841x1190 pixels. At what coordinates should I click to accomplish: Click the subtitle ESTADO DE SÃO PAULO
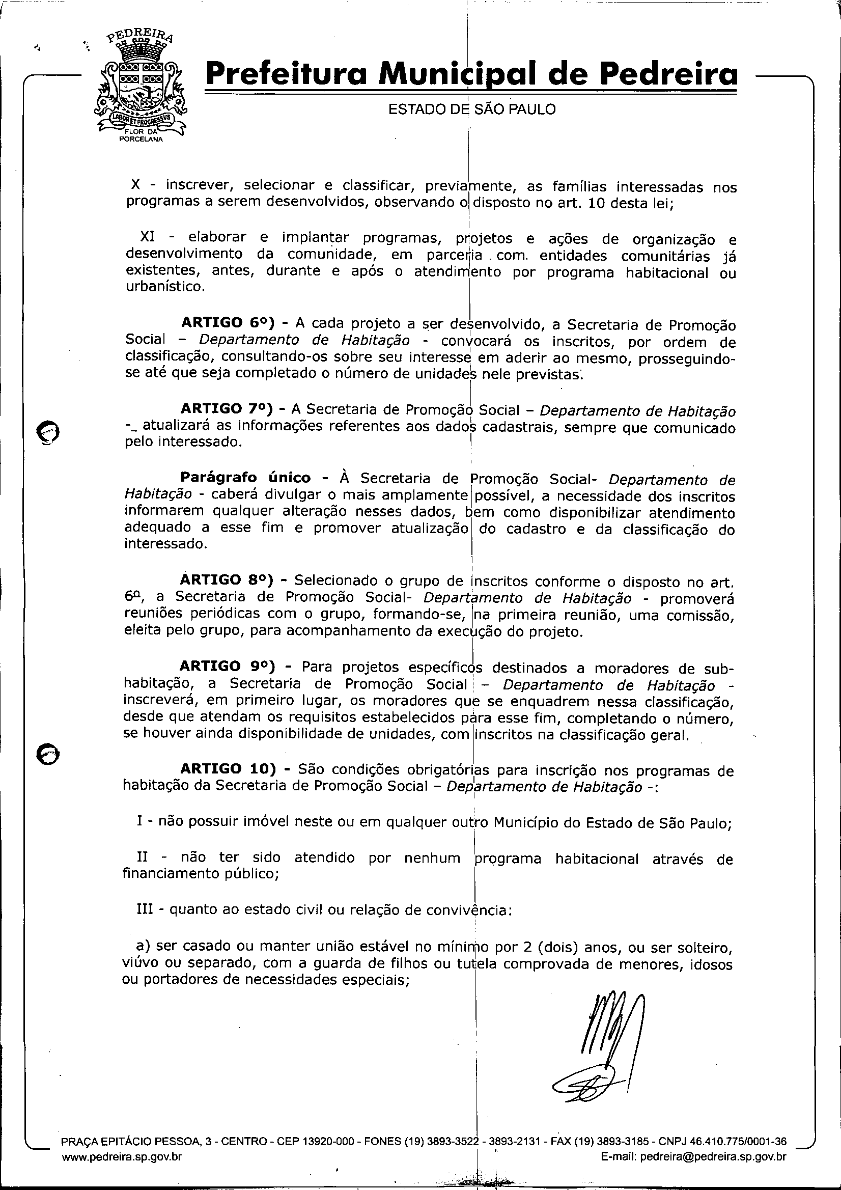(471, 109)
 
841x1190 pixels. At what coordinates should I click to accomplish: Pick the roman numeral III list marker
(145, 910)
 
